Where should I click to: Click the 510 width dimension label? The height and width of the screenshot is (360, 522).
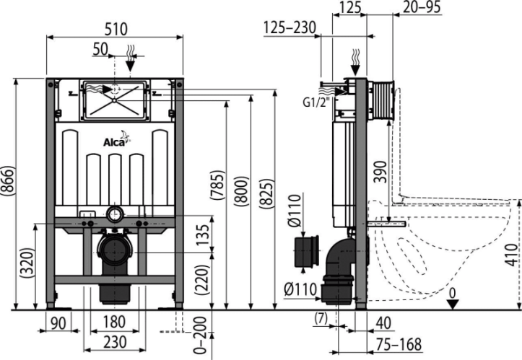[x=116, y=29]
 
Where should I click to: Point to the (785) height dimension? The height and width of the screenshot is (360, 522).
[x=218, y=185]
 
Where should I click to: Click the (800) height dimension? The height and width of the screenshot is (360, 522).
[x=242, y=190]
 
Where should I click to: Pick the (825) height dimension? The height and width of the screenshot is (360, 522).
[x=266, y=194]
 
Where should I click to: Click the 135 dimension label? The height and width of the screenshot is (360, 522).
[x=202, y=235]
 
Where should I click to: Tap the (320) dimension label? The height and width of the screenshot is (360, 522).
[x=27, y=263]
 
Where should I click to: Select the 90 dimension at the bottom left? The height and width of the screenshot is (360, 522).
[x=58, y=323]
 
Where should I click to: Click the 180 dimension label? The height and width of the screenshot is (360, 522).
[x=114, y=322]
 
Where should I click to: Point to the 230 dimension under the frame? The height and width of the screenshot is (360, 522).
[x=115, y=342]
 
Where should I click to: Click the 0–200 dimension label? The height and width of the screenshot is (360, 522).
[x=201, y=335]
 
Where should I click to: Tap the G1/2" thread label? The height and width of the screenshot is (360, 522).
[x=314, y=102]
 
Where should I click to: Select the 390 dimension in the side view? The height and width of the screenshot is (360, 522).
[x=380, y=172]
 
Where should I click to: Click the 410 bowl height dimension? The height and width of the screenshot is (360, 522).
[x=511, y=255]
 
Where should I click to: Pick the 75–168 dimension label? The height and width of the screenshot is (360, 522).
[x=399, y=344]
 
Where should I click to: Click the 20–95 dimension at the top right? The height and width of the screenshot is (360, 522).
[x=422, y=7]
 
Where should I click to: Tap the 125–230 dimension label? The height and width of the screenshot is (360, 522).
[x=290, y=27]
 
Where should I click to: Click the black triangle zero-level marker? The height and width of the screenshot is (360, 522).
[x=453, y=304]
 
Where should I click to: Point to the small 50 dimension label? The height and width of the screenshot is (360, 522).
[x=100, y=49]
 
